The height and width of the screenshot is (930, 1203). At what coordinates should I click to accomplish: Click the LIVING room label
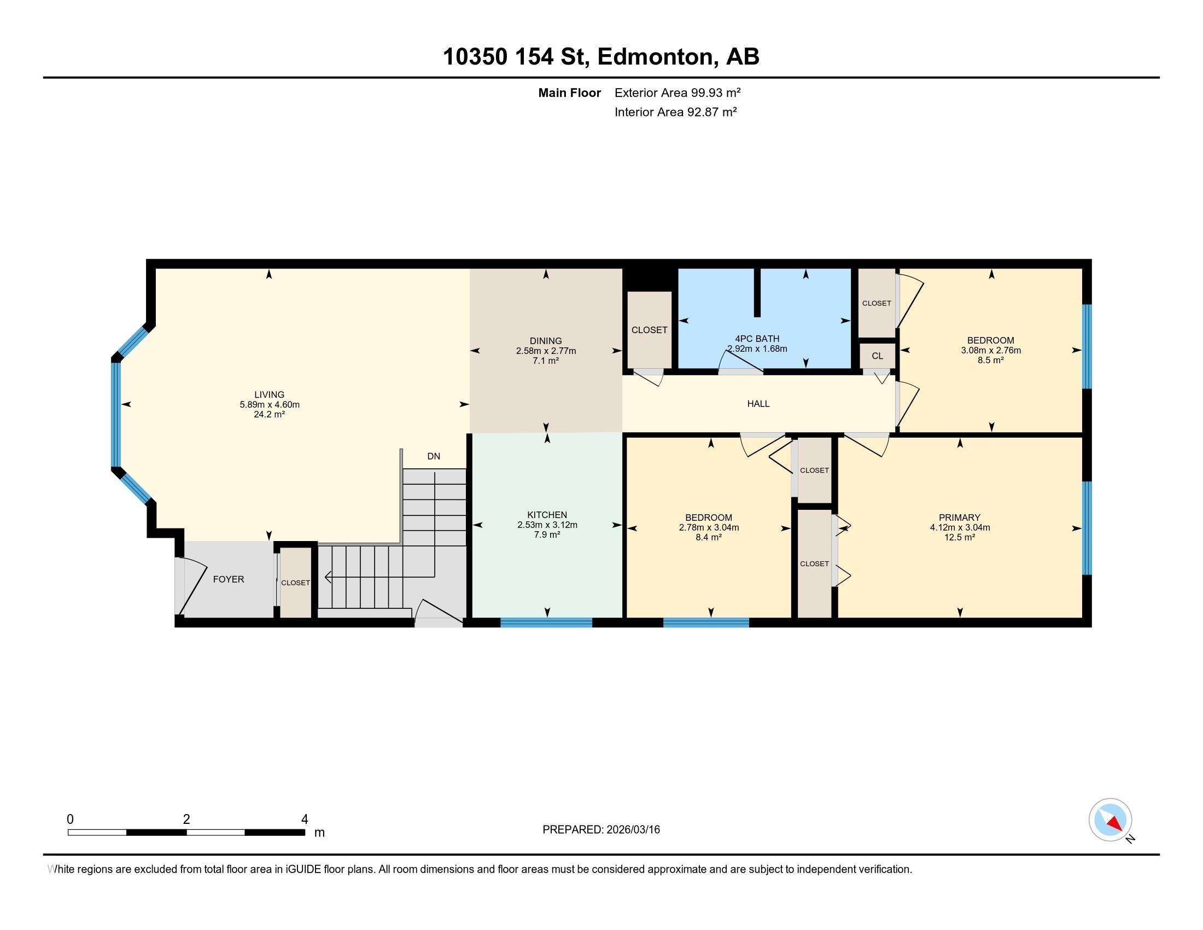269,394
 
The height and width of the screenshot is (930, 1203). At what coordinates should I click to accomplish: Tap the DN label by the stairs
434,456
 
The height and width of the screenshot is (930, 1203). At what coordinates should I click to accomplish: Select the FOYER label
228,579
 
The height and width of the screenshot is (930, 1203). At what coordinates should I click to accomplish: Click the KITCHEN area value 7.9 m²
546,534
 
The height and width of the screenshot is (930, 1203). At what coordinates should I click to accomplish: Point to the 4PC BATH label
757,339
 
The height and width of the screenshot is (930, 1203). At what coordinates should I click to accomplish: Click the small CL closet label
877,356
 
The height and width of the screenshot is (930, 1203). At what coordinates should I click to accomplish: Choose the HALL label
758,404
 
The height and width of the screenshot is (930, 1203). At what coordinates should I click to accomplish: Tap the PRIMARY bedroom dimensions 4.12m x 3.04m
960,527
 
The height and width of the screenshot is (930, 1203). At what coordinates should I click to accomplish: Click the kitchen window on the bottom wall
546,623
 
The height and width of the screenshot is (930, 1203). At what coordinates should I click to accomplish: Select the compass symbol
1110,820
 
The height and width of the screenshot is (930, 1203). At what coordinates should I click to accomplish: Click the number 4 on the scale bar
304,819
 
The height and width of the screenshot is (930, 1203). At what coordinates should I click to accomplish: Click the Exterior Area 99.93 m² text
677,92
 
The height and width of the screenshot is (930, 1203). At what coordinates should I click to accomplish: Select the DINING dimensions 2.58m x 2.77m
545,351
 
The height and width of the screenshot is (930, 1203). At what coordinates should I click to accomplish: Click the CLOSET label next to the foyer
295,583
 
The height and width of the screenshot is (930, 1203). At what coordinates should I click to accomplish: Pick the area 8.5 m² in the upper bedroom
990,360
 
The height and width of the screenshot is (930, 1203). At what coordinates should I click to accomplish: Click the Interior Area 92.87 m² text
675,112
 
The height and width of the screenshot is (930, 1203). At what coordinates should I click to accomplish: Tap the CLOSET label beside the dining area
649,330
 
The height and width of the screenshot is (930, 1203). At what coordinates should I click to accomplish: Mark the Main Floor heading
569,92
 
